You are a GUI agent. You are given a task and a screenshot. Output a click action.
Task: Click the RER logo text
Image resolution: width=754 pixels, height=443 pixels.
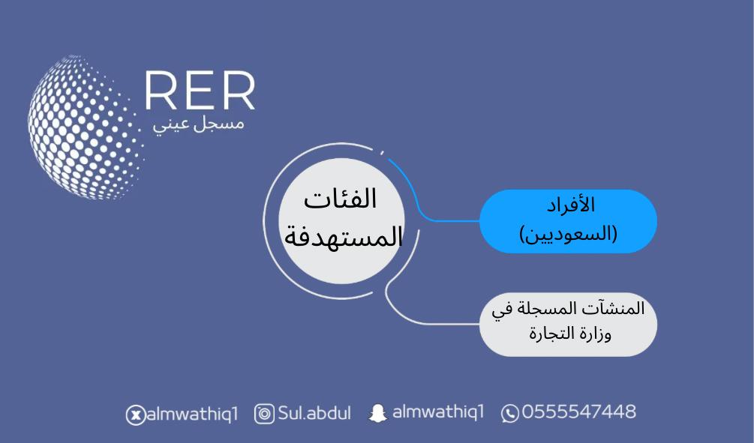pos(200,91)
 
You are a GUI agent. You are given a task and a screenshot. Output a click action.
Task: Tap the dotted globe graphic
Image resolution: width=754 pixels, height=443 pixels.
pos(84,127)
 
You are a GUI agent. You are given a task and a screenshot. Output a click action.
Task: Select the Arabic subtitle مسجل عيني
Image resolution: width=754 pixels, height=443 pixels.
pos(199,124)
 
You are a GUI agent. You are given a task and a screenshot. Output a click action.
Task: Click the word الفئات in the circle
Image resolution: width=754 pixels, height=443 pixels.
pos(340,199)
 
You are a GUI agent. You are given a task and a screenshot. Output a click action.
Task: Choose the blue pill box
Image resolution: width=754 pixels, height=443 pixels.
pos(569,221)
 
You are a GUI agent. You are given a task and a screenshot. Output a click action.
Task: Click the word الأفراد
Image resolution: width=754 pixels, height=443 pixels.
pos(571,205)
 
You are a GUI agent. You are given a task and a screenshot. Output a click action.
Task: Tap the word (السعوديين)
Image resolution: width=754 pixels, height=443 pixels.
pos(569,234)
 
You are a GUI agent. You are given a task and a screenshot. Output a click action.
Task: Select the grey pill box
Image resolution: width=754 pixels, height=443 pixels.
pos(569,325)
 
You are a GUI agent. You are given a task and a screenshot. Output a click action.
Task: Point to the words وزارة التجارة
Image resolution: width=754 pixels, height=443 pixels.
pos(570,333)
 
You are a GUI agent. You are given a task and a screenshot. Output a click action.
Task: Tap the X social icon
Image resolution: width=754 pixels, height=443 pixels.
pos(136,415)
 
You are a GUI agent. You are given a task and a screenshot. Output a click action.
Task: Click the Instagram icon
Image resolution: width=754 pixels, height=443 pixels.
pos(264,414)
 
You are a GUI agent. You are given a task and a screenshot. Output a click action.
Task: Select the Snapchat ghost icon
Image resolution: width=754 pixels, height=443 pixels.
pos(378,413)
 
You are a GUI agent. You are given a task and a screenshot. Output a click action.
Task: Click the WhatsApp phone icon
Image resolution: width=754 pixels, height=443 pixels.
pos(509,413)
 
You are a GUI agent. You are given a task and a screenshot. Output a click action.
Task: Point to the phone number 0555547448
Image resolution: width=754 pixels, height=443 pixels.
pos(579,412)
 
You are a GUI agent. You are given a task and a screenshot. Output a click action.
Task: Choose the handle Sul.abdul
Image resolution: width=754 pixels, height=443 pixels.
pos(314,413)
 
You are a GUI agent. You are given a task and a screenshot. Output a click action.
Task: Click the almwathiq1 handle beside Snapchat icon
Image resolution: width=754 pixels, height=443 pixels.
pos(438,412)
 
